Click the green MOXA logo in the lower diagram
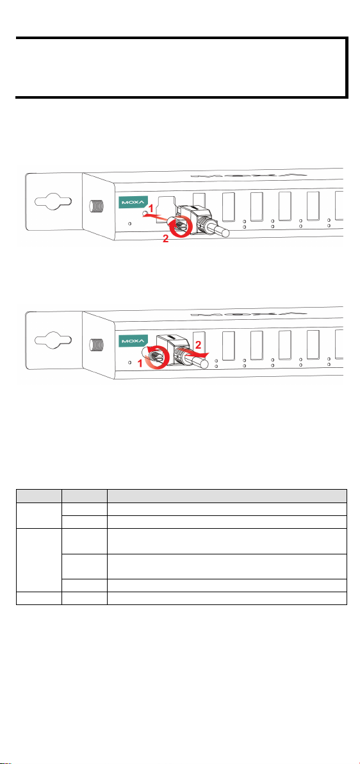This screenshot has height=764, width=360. pyautogui.click(x=130, y=339)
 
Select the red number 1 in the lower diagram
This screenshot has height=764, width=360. pyautogui.click(x=142, y=363)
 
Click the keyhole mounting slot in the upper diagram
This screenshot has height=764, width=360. pyautogui.click(x=54, y=202)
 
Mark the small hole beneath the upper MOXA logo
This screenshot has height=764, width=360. pyautogui.click(x=129, y=224)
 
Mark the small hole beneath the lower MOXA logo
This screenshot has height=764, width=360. pyautogui.click(x=129, y=362)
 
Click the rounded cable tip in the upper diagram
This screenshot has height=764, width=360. pyautogui.click(x=225, y=231)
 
